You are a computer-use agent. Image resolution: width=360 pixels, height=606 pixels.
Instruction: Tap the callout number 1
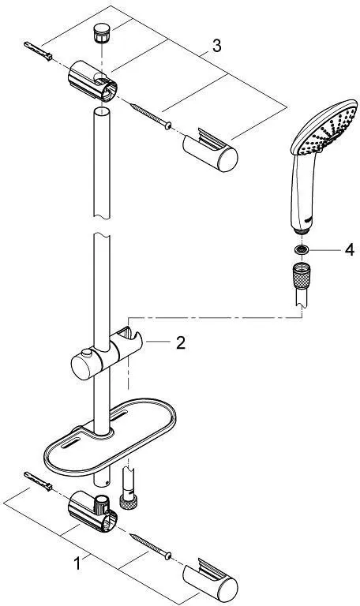tap(77, 563)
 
